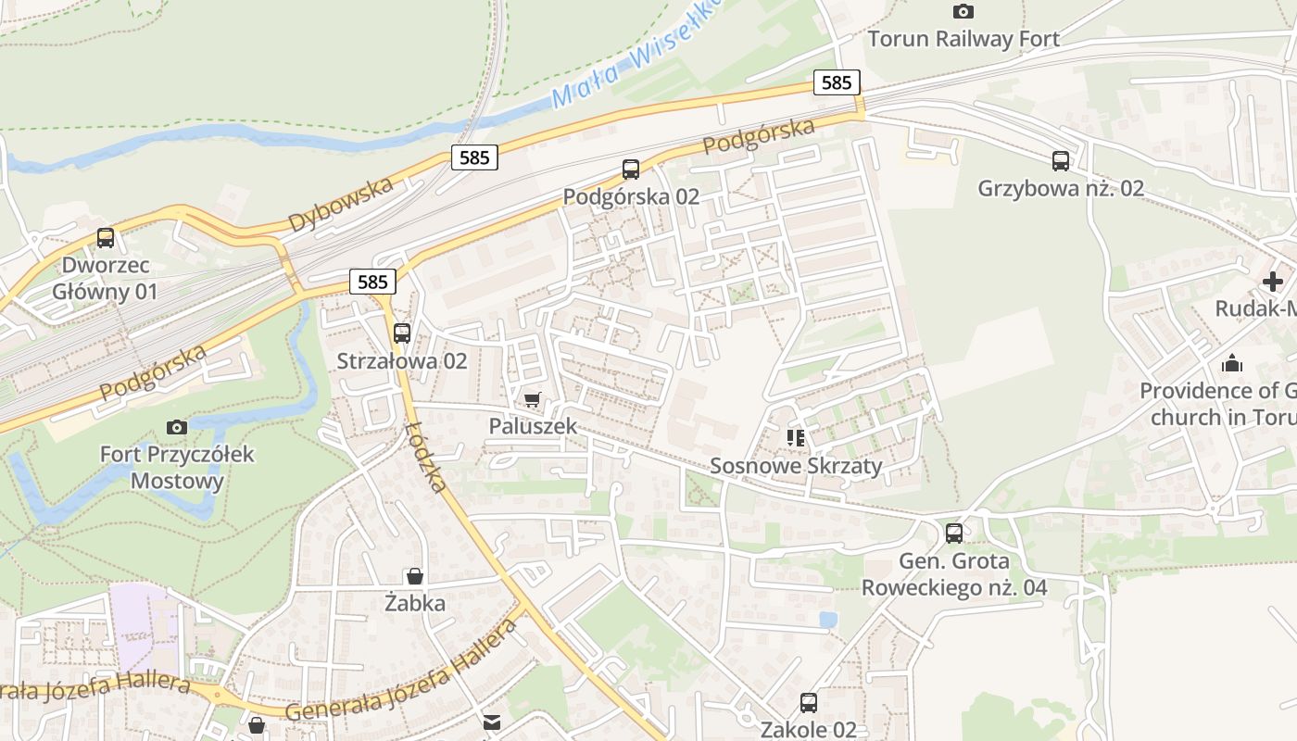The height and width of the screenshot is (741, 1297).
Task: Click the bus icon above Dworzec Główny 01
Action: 106,238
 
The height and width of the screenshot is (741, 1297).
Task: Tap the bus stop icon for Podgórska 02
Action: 631,169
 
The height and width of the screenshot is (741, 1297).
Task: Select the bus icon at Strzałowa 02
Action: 401,333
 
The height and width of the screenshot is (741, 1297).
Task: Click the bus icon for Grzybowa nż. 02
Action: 1061,161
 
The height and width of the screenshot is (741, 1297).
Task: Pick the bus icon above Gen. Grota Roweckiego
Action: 954,534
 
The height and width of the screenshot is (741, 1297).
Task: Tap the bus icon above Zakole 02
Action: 809,702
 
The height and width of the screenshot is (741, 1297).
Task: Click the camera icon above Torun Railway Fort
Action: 963,12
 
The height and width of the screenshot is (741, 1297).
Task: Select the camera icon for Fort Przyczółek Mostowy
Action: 177,427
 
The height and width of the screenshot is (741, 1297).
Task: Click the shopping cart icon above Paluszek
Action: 532,399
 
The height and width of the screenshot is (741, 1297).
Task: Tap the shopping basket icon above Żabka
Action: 415,576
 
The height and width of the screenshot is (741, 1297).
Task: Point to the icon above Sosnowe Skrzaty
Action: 796,437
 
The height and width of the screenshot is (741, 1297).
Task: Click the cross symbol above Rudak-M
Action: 1273,282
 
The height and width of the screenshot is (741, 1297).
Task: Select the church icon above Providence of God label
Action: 1231,363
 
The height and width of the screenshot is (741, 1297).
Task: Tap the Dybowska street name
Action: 340,205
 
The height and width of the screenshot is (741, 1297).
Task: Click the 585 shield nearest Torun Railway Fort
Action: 836,82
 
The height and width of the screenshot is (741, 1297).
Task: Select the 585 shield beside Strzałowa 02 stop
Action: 373,281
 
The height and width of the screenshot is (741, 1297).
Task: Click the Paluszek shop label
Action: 533,426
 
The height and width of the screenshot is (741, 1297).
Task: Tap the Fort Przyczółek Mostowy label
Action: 177,468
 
